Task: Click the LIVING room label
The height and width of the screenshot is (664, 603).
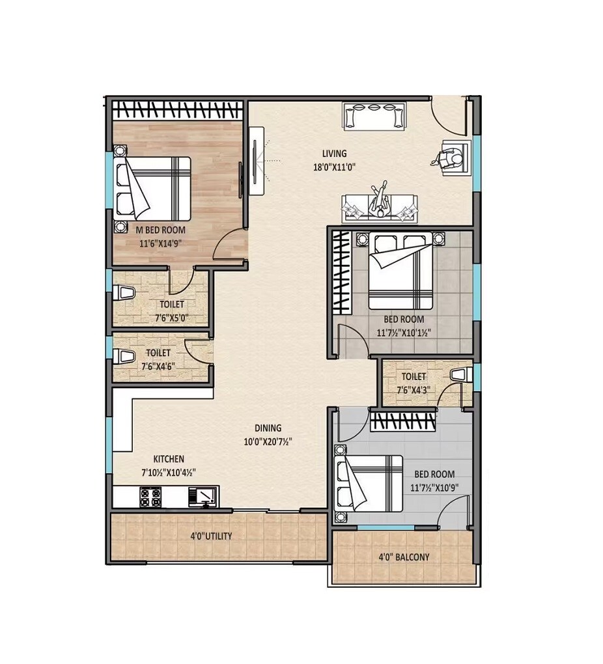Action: pyautogui.click(x=334, y=154)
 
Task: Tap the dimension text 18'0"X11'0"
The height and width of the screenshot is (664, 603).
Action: pyautogui.click(x=334, y=166)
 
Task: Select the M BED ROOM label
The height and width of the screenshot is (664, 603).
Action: pyautogui.click(x=160, y=230)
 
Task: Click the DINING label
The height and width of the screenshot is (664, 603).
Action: pyautogui.click(x=268, y=428)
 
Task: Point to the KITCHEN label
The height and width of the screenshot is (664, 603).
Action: pyautogui.click(x=168, y=459)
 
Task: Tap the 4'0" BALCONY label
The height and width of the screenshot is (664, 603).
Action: pyautogui.click(x=404, y=557)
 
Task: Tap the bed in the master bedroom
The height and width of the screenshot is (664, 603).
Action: pyautogui.click(x=153, y=188)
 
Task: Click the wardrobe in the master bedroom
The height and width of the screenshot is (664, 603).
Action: pyautogui.click(x=178, y=109)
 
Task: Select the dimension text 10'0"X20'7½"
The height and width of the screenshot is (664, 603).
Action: pyautogui.click(x=268, y=441)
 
